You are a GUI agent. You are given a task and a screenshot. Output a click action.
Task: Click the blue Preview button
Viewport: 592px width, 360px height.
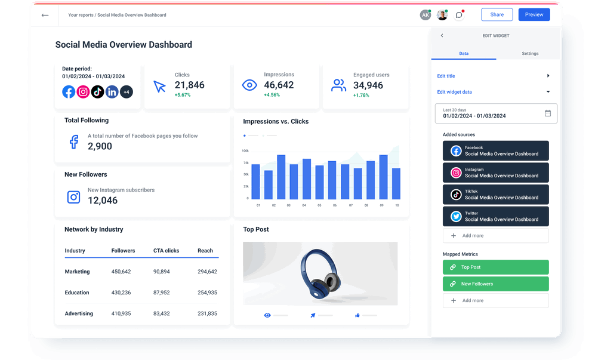pos(534,15)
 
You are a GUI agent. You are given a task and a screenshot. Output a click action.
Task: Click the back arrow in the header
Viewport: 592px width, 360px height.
pos(45,15)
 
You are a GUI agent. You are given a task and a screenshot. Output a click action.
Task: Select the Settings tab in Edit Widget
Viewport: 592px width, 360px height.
pos(530,54)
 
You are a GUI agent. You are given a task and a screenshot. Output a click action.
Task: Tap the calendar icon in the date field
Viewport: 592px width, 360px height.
pos(548,113)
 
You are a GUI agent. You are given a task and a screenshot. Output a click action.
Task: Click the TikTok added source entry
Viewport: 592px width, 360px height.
pos(495,195)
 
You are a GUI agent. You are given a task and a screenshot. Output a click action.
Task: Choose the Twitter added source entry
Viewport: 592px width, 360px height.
pos(495,216)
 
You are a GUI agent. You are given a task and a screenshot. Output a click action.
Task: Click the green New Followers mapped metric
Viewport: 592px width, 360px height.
pos(495,284)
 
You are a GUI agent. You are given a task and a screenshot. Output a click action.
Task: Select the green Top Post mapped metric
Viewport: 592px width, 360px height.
pos(495,267)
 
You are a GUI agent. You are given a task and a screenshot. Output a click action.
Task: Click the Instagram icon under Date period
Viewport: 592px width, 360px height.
pos(83,92)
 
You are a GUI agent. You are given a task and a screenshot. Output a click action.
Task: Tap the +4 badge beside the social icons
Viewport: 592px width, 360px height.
pos(126,92)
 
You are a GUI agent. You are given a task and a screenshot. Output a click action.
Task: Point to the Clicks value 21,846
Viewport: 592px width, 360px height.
pos(189,85)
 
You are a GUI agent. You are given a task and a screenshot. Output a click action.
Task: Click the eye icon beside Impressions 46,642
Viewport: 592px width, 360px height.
pos(249,85)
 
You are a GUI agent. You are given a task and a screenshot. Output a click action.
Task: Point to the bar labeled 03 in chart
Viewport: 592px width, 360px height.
pos(281,177)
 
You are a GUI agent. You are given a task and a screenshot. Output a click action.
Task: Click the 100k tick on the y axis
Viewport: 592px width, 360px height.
pos(245,151)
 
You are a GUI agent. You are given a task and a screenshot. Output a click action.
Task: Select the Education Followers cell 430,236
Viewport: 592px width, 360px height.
pos(121,293)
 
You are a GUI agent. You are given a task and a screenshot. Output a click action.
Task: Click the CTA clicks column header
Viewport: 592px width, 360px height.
pos(166,251)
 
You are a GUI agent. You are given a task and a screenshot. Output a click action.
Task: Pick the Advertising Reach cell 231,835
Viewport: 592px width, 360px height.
pos(207,313)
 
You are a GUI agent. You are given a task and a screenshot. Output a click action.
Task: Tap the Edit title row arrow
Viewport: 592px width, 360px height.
pos(548,76)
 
